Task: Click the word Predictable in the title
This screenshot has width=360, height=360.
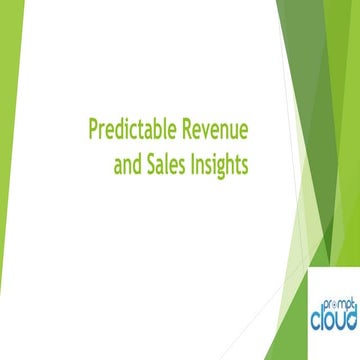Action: (128, 131)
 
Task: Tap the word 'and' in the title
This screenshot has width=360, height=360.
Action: (127, 164)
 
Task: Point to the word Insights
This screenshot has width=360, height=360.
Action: (218, 164)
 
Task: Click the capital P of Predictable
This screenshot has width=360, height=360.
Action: (93, 131)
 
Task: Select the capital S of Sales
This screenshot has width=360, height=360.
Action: (150, 164)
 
